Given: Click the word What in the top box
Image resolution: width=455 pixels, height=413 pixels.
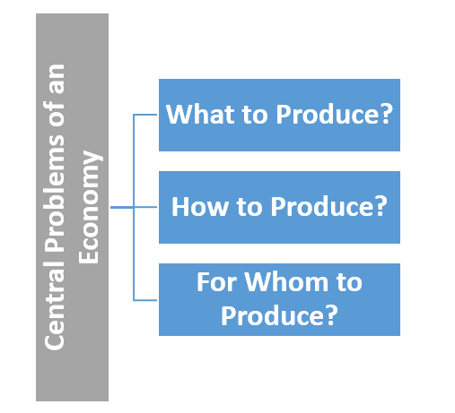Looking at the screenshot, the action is tap(200, 114).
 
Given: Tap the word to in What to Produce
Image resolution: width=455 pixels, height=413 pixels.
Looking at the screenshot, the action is tap(255, 115).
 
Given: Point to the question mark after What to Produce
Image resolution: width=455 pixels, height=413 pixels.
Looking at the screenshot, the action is tap(384, 114).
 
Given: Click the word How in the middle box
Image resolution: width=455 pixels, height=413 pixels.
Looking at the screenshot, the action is tap(200, 206).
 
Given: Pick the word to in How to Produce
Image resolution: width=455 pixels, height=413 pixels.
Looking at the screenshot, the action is tap(249, 207).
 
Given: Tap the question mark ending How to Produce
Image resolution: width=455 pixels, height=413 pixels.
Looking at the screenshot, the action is tap(379, 206).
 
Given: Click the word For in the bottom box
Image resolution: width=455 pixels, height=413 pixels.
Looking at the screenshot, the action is tap(216, 282).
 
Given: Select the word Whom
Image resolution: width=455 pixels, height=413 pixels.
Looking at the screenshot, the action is tap(286, 282).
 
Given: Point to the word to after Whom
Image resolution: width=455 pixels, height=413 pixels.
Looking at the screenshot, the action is tap(349, 282).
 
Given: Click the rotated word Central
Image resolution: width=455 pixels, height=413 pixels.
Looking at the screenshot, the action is tap(54, 305).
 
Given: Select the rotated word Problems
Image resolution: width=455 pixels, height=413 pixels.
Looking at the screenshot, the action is tap(54, 194).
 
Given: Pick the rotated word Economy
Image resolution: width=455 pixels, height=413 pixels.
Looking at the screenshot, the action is tap(89, 207).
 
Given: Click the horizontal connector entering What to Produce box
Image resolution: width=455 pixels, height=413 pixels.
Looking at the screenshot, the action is tap(145, 115).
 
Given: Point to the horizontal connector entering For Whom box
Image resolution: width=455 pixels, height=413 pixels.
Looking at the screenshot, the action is tap(145, 300).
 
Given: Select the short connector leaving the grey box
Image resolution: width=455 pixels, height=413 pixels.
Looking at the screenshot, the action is tap(122, 207).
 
